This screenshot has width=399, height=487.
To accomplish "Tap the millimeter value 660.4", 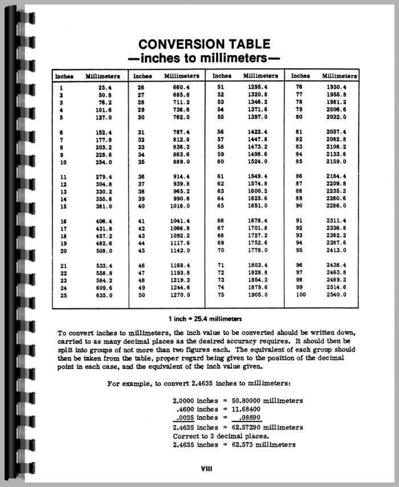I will tap(180, 87).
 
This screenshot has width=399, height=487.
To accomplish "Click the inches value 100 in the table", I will tap(301, 295).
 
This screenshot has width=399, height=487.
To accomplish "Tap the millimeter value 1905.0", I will tap(258, 295).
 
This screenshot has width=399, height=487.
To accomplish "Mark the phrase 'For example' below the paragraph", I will tap(131, 383).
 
